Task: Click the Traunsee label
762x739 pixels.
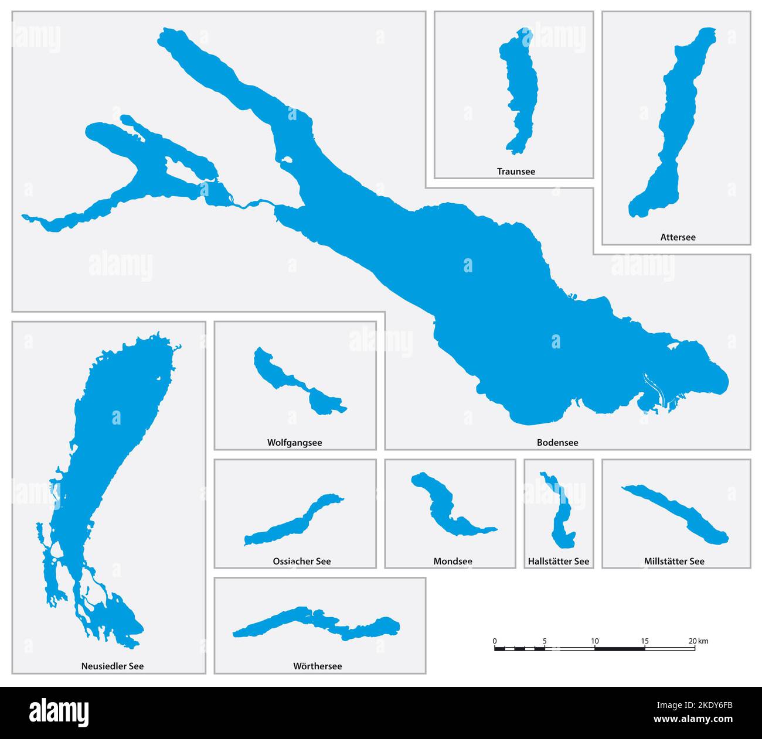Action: pyautogui.click(x=516, y=172)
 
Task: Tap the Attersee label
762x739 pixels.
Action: pyautogui.click(x=678, y=237)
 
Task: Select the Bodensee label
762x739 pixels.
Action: pyautogui.click(x=557, y=443)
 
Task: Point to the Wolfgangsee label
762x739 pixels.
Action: pyautogui.click(x=294, y=443)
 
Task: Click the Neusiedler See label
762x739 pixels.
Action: pyautogui.click(x=112, y=666)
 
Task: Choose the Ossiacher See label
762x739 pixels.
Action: pyautogui.click(x=301, y=561)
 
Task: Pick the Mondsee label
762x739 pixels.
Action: pyautogui.click(x=453, y=561)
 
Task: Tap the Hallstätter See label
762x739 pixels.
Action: pyautogui.click(x=558, y=561)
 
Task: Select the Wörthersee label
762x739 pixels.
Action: pyautogui.click(x=317, y=666)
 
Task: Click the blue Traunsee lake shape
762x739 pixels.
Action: pyautogui.click(x=521, y=88)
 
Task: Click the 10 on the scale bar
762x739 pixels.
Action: pyautogui.click(x=595, y=641)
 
